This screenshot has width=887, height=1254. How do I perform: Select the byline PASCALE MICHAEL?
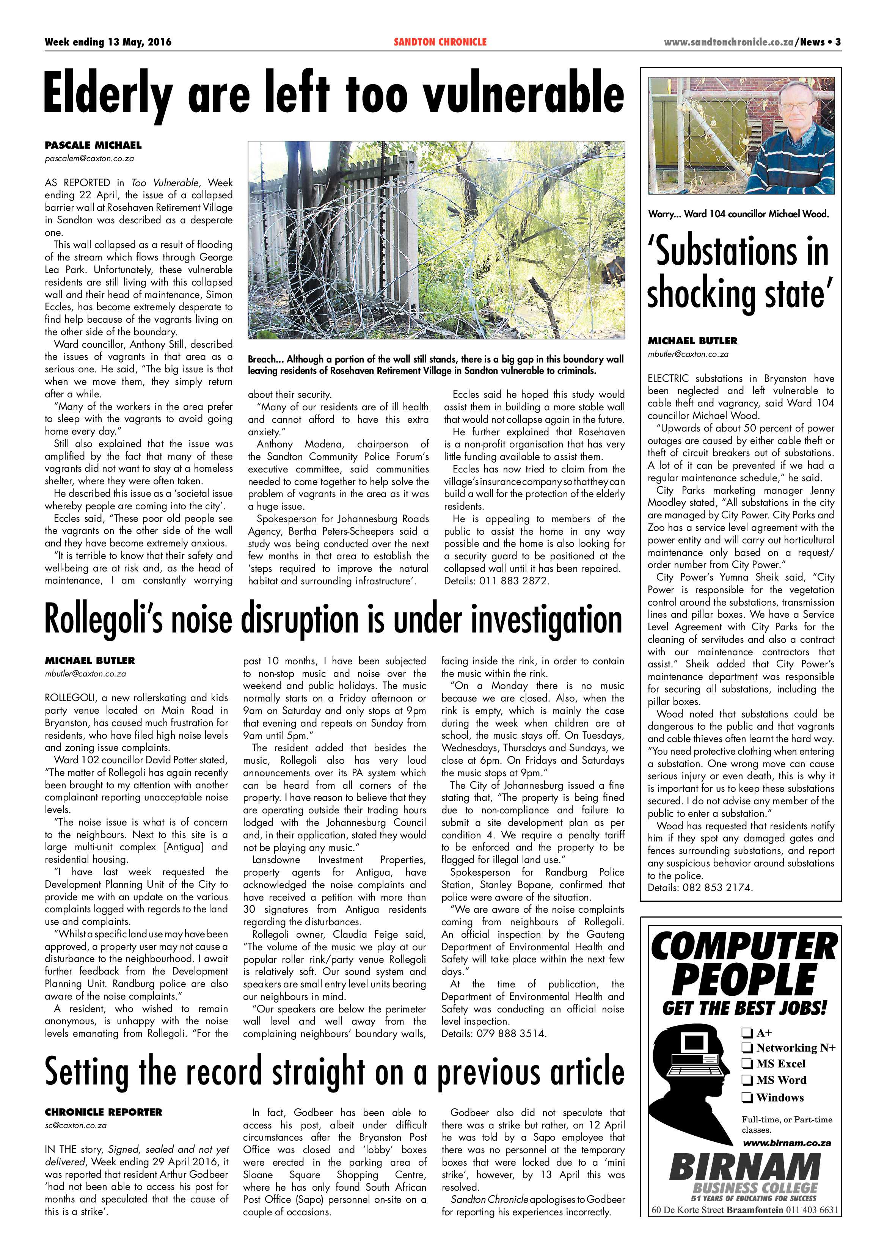(x=93, y=145)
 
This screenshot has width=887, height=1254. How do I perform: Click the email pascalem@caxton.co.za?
(x=89, y=159)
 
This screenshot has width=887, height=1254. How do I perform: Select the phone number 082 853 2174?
(x=718, y=888)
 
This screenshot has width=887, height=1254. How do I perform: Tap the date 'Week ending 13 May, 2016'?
(x=108, y=42)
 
